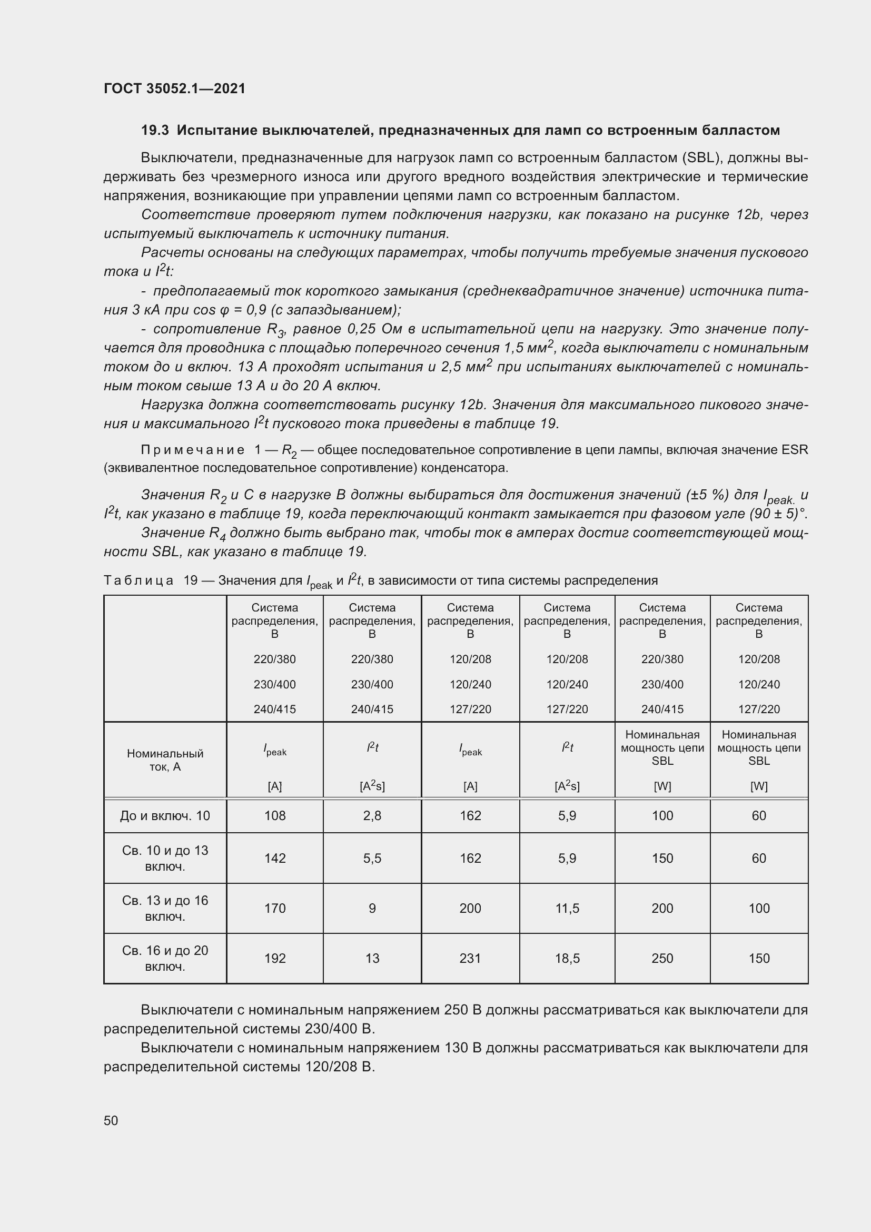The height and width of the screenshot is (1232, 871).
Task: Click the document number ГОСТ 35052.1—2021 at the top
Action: point(174,88)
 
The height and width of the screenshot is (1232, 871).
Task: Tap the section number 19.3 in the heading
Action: point(155,131)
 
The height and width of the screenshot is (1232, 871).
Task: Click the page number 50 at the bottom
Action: point(111,1120)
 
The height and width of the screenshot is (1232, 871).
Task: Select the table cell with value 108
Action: point(274,815)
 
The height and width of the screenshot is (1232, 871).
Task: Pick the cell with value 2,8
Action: point(372,815)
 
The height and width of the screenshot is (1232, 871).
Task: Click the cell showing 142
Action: point(274,858)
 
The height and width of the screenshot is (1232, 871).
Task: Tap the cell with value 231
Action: point(470,958)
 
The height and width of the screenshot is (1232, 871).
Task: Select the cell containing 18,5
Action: point(567,958)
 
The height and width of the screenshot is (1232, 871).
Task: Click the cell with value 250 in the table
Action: point(662,958)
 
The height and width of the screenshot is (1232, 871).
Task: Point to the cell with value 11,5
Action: point(567,909)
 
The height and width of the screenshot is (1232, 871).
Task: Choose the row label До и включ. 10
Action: point(165,815)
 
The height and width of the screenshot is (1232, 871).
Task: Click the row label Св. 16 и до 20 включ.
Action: point(165,958)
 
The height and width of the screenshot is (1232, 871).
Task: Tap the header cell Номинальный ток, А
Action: point(165,760)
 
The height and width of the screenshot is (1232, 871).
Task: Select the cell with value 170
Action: point(274,909)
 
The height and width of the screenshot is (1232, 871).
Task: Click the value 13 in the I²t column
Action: point(372,958)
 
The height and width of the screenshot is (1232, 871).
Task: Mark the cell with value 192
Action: point(274,958)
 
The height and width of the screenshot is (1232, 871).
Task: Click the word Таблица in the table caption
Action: point(138,580)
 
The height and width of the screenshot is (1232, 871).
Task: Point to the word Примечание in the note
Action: point(193,450)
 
